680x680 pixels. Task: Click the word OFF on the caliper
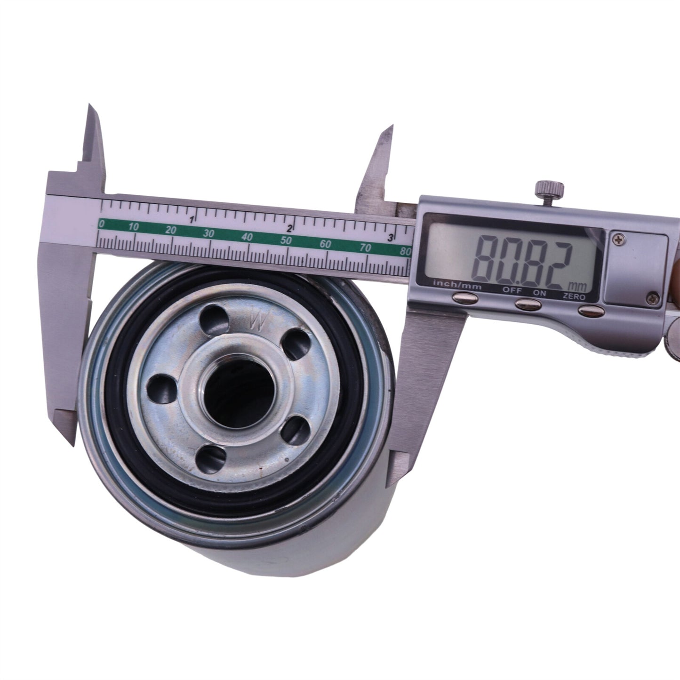tap(512, 290)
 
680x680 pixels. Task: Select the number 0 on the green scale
tap(102, 223)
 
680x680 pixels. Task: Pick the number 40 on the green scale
tap(247, 236)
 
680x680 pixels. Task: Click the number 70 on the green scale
tap(366, 248)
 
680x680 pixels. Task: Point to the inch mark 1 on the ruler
tap(192, 220)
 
